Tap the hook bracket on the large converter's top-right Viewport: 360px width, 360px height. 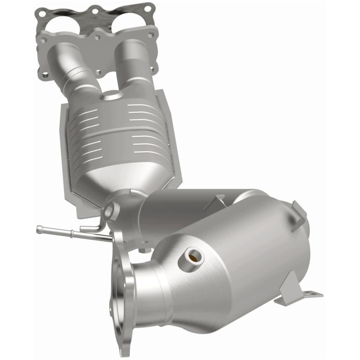pos(299,211)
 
